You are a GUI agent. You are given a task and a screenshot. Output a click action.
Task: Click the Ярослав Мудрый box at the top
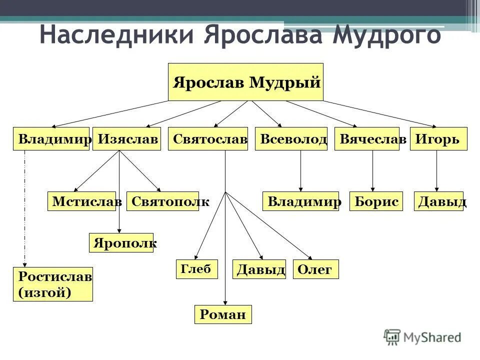point(245,82)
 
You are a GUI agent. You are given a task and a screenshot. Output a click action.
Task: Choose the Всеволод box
point(291,139)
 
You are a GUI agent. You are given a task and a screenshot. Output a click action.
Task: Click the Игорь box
point(438,139)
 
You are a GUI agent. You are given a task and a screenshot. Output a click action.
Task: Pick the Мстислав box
point(82,201)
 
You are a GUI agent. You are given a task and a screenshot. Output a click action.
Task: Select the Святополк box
point(163,201)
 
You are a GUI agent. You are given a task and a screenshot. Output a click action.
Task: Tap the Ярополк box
point(121,242)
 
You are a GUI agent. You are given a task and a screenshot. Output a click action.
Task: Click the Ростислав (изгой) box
point(53,284)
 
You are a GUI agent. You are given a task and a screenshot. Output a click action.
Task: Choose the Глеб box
point(196,269)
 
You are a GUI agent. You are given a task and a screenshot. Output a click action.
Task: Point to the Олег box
point(315,269)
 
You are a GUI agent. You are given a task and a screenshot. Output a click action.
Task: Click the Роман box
point(223,314)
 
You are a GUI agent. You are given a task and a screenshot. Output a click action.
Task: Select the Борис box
point(376,201)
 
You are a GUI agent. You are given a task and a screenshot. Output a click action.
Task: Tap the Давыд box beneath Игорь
point(439,201)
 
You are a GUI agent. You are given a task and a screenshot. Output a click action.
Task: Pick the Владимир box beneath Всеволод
point(300,201)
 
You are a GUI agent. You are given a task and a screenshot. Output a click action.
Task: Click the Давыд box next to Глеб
point(259,269)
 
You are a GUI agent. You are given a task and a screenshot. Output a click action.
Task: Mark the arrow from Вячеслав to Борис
point(372,170)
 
